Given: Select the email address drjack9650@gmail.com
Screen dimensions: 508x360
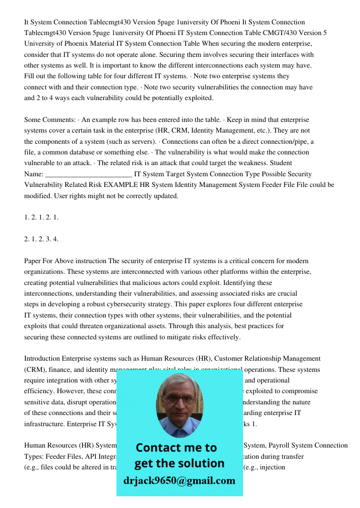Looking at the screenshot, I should pos(179,481).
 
